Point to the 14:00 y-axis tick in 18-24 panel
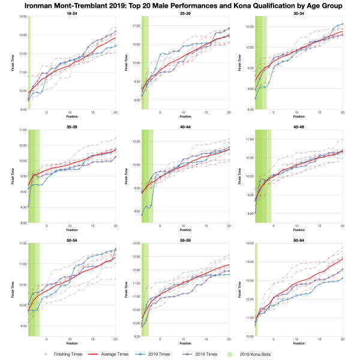[x=23, y=17]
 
